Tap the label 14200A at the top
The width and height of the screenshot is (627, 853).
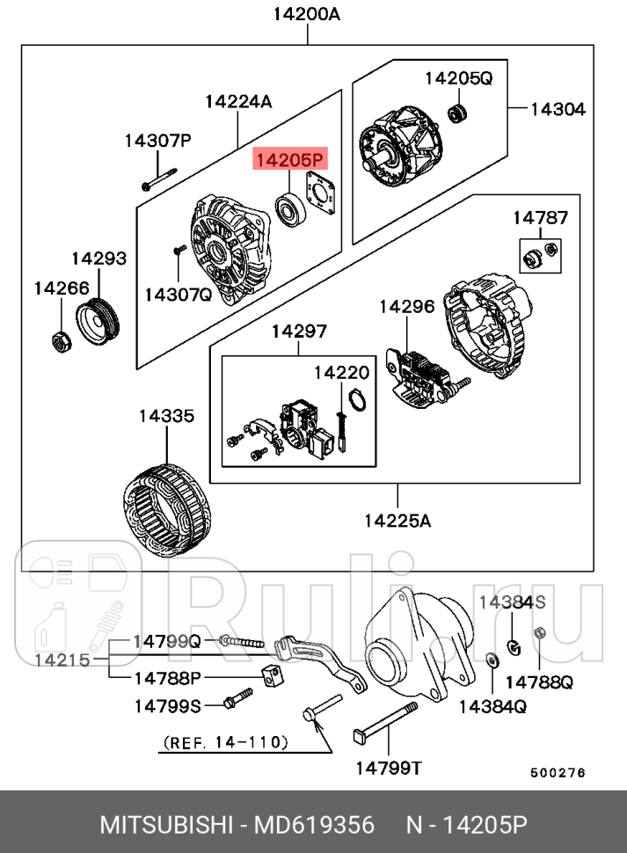(x=306, y=14)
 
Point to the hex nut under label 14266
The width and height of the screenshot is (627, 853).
(x=60, y=340)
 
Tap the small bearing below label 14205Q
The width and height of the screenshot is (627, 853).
(x=456, y=113)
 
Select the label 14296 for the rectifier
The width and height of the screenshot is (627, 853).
(x=406, y=307)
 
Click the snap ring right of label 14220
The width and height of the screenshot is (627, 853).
(x=354, y=401)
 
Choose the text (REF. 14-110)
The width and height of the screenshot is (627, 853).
(x=226, y=743)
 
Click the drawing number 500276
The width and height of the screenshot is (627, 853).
(x=557, y=773)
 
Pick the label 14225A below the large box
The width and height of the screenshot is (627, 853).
(x=397, y=521)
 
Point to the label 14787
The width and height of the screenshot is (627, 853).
(x=540, y=217)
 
